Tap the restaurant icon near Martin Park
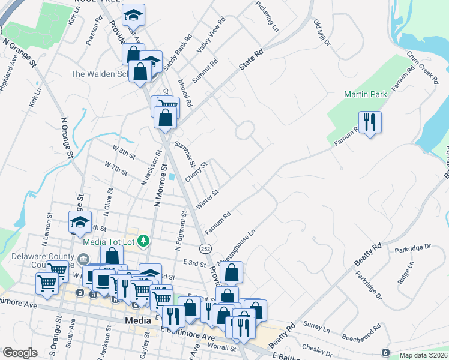click(x=369, y=122)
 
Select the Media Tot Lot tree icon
click(x=143, y=241)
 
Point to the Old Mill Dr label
click(x=322, y=32)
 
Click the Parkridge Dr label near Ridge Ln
click(x=413, y=247)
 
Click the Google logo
click(x=20, y=353)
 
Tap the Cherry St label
click(x=196, y=172)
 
